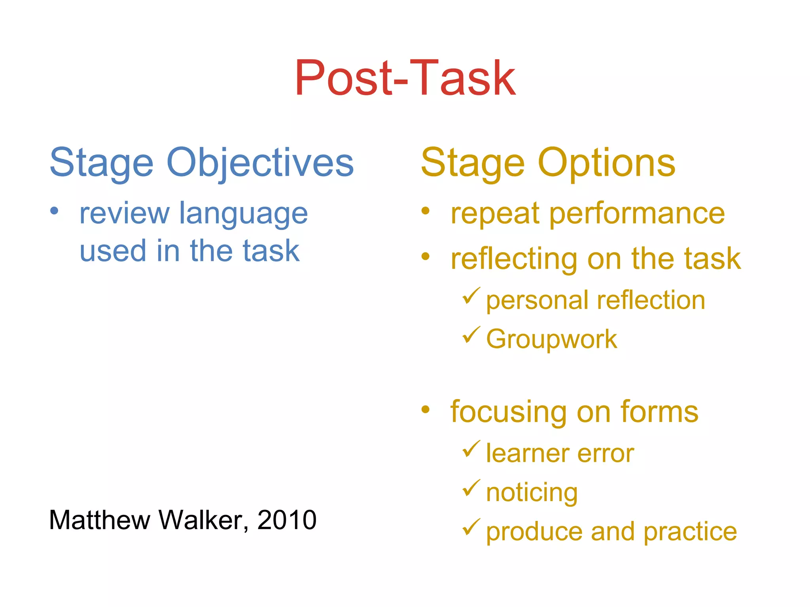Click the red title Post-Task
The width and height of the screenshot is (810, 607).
(405, 78)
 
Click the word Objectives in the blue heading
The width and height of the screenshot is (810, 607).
(260, 163)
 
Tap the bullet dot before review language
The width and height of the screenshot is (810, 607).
(54, 210)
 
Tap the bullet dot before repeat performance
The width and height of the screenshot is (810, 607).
(425, 210)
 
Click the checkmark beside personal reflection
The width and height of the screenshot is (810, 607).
(471, 296)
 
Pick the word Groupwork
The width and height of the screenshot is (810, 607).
(551, 339)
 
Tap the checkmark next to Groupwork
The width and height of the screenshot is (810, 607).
(471, 335)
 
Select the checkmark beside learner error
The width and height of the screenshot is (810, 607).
(471, 449)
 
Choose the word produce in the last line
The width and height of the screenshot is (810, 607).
(534, 532)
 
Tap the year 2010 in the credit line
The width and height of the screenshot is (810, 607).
(287, 520)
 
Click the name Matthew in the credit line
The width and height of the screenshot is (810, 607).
(99, 520)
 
